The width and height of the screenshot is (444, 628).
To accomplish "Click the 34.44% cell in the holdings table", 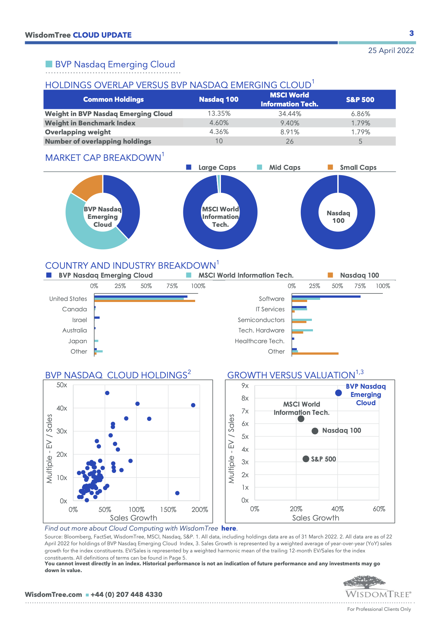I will [x=290, y=114].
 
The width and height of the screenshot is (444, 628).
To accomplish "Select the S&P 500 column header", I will [x=360, y=100].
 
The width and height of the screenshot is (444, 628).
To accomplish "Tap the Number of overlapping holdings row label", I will [x=98, y=142].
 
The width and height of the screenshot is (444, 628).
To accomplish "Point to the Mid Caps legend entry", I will [x=284, y=167].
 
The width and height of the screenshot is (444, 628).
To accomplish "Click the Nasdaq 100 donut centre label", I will [x=338, y=217].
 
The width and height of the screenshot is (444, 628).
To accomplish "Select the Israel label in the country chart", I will [x=79, y=320].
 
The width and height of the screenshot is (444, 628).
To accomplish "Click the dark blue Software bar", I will [x=326, y=297].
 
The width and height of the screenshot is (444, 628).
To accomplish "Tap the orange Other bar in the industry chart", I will [x=315, y=354].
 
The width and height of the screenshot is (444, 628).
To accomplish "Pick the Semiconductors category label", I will [x=261, y=320].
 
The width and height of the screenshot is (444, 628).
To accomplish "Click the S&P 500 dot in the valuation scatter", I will [x=306, y=459].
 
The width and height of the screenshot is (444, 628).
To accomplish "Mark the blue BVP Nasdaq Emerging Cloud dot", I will [x=338, y=393].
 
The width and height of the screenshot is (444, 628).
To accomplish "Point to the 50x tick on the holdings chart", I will [x=62, y=385].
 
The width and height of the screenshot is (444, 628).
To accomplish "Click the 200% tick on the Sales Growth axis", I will [x=199, y=510].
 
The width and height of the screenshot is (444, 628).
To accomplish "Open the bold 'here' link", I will [x=228, y=528].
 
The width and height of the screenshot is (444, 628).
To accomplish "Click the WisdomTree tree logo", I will [x=365, y=582].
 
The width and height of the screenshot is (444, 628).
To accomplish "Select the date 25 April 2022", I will [x=391, y=51].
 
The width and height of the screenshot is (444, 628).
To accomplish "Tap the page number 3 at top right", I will [x=411, y=33].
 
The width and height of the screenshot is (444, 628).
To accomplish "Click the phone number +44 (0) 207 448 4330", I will [x=126, y=595].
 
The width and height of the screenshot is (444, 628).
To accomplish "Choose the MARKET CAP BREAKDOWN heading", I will [x=103, y=158].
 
